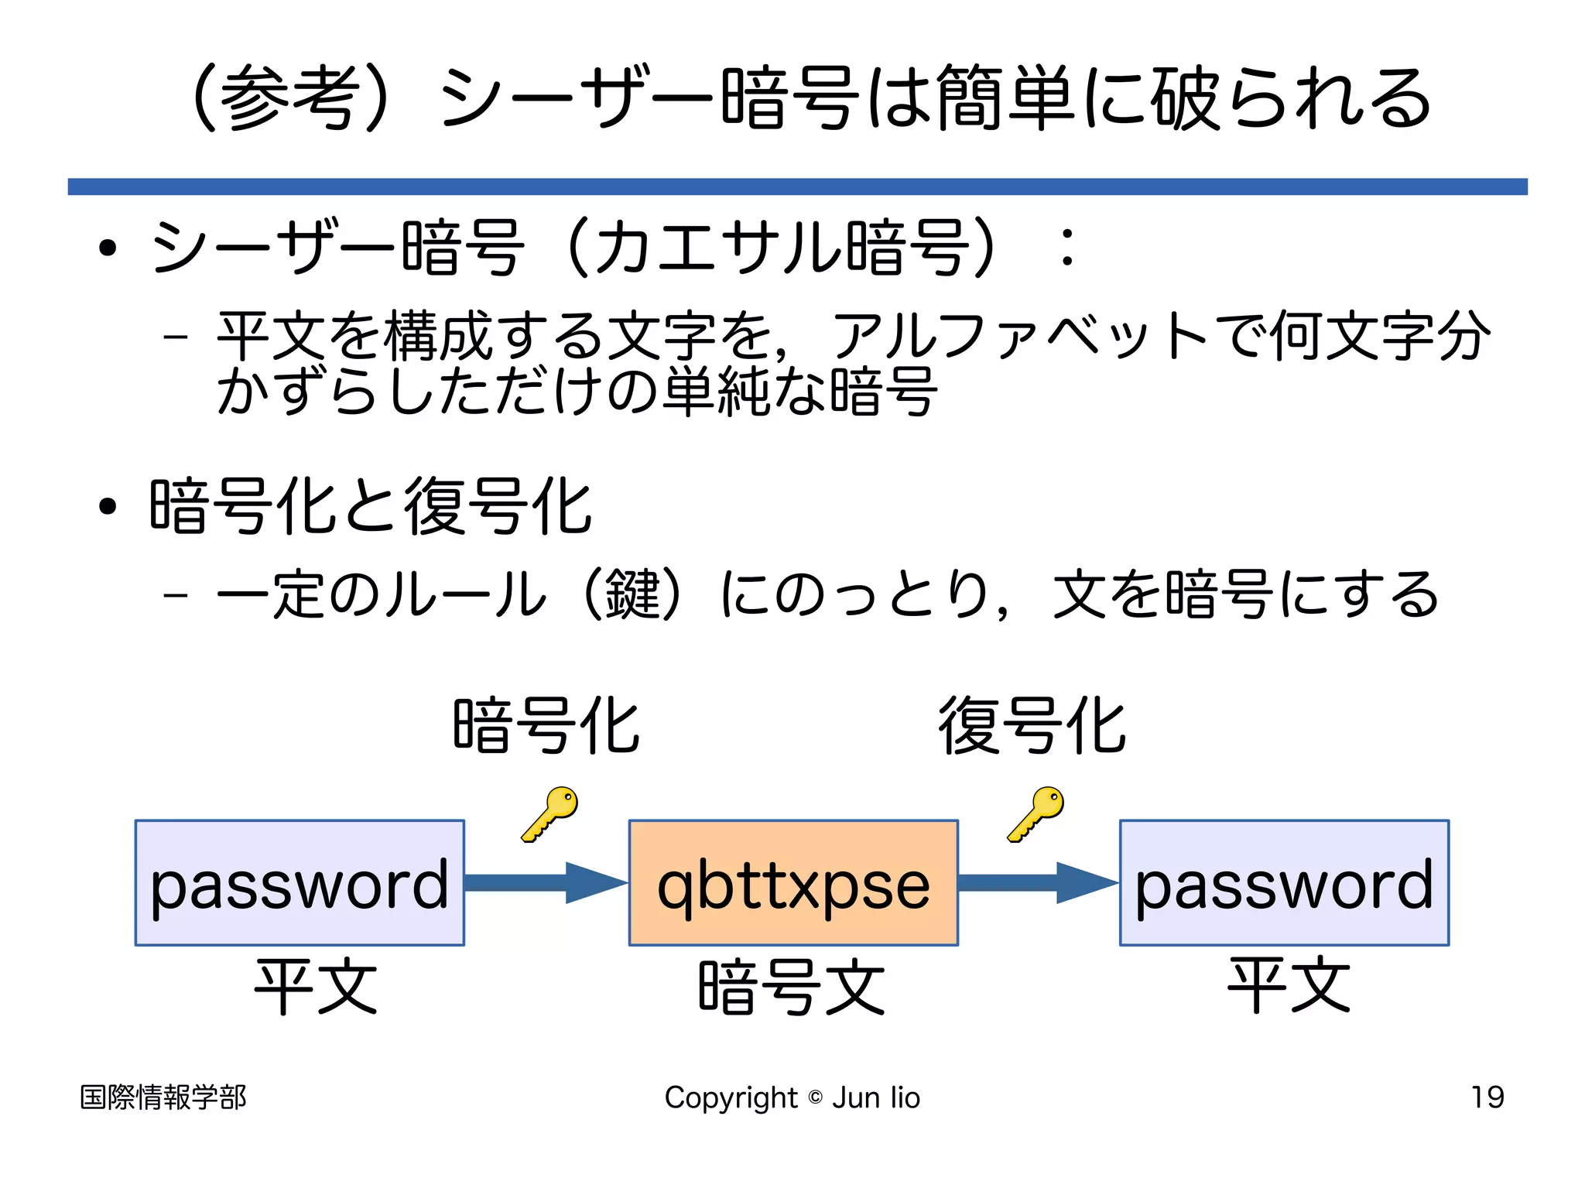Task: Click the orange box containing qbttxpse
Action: pyautogui.click(x=793, y=882)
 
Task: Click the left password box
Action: pyautogui.click(x=300, y=882)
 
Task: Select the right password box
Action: pyautogui.click(x=1284, y=882)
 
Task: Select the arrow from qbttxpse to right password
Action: pyautogui.click(x=1037, y=882)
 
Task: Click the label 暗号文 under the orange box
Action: pyautogui.click(x=792, y=987)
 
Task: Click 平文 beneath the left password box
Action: pyautogui.click(x=316, y=985)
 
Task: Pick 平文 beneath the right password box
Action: pyautogui.click(x=1289, y=985)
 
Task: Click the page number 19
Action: pyautogui.click(x=1487, y=1097)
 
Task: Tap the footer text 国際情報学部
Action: pyautogui.click(x=163, y=1097)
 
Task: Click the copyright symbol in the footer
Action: pyautogui.click(x=815, y=1097)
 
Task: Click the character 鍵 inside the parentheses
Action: pyautogui.click(x=633, y=594)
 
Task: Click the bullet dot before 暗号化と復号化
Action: pyautogui.click(x=108, y=507)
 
